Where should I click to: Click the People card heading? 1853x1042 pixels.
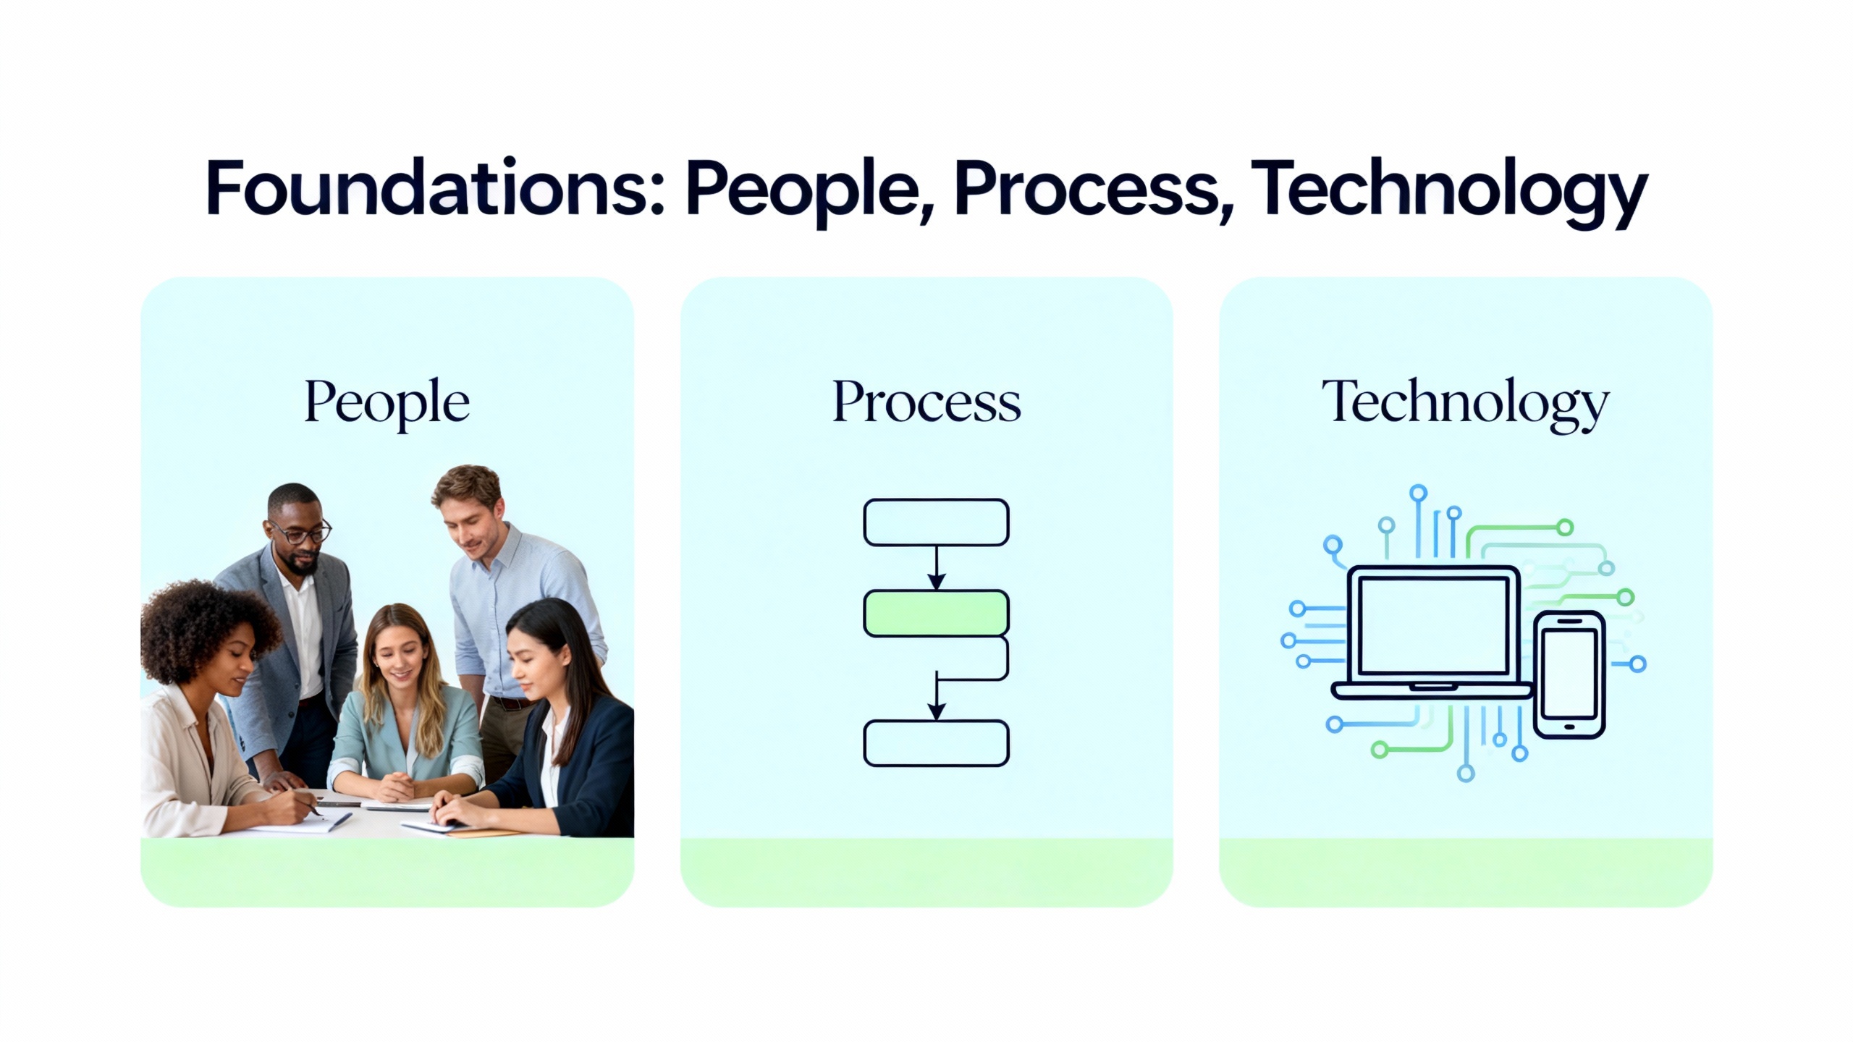point(387,404)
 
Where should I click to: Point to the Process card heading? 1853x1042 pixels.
point(926,402)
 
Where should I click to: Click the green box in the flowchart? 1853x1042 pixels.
point(936,614)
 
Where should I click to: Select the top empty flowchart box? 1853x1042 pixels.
point(936,522)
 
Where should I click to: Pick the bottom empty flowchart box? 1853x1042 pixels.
point(936,743)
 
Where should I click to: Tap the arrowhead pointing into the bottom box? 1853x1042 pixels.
point(937,711)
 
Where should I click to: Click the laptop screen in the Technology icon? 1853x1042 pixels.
point(1434,625)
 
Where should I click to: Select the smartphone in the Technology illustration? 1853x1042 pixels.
point(1569,674)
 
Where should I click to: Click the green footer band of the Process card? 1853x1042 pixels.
point(926,873)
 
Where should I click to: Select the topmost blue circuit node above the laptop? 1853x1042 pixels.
point(1418,494)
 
